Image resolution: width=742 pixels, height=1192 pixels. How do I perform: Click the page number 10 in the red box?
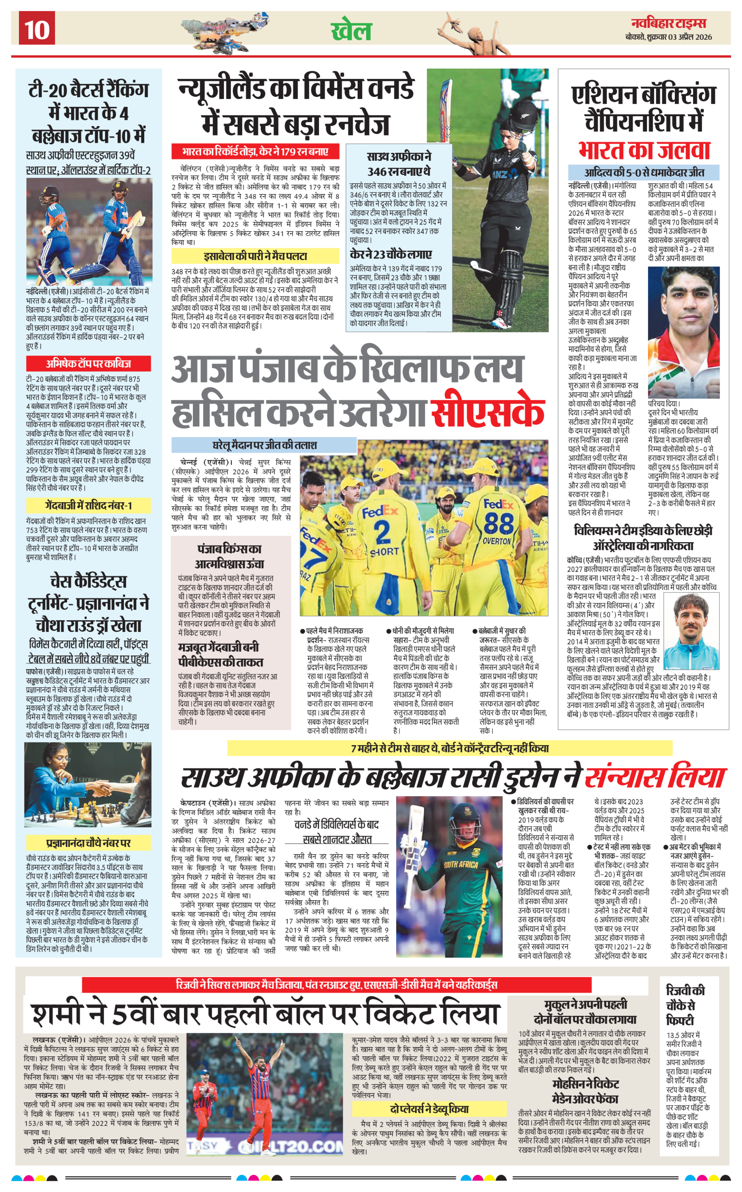[x=37, y=29]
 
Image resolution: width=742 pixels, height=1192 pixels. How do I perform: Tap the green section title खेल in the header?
[x=351, y=30]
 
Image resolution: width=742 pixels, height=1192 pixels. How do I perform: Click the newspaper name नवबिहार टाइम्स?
[x=669, y=23]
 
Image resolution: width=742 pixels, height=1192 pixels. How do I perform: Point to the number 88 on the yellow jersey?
[x=499, y=523]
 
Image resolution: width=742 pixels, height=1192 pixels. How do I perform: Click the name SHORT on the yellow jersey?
[x=384, y=551]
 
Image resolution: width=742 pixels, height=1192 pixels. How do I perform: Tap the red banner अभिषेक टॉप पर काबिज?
[x=88, y=364]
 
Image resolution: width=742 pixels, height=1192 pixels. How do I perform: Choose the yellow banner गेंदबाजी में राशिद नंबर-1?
[x=88, y=505]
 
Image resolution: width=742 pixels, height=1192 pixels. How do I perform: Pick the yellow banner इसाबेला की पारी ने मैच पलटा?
[x=255, y=256]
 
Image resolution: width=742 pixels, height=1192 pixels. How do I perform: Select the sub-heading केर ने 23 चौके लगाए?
[x=391, y=254]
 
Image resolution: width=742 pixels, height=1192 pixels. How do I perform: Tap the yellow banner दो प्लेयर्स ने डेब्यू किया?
[x=429, y=1109]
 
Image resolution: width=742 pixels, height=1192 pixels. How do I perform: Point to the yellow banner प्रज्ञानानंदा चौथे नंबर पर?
[x=88, y=843]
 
